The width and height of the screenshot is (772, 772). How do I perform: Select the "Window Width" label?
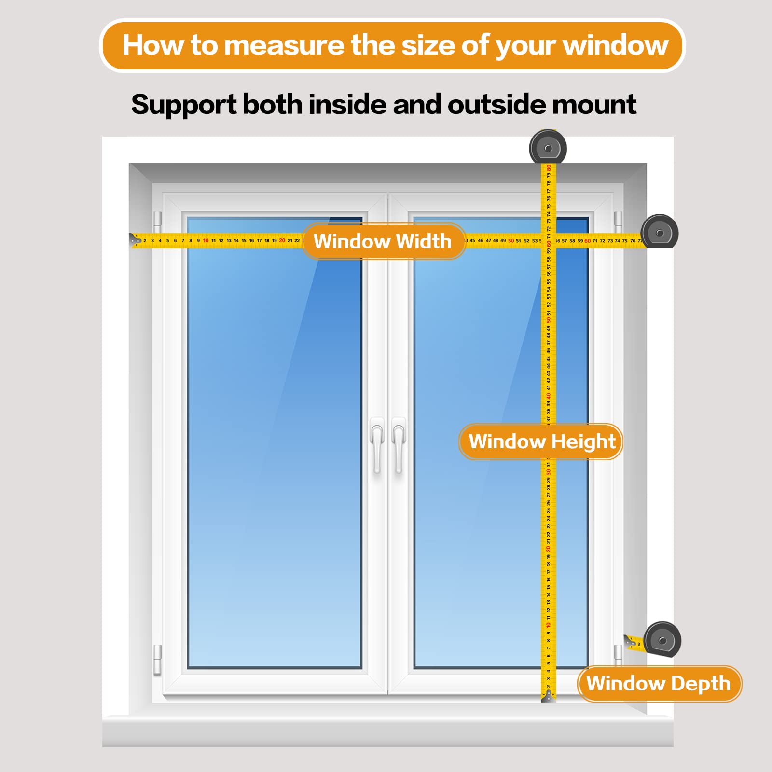coord(383,241)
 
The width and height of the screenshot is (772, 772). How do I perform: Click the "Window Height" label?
coord(542,441)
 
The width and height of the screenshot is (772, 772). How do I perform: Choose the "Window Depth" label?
coord(659,684)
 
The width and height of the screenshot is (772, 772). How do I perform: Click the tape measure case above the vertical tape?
coord(548,148)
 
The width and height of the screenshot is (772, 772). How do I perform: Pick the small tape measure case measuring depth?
coord(662,640)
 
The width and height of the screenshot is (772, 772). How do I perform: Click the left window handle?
coord(377,444)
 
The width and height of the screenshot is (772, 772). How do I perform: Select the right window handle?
coord(399,444)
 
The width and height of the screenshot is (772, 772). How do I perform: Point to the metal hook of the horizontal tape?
coord(135,239)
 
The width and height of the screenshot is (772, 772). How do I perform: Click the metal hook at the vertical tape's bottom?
coord(549,696)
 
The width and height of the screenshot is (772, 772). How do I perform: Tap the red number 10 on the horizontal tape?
coord(206,240)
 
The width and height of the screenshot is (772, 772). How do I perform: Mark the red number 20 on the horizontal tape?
coord(282,240)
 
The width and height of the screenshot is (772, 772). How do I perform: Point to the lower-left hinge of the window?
coord(157,659)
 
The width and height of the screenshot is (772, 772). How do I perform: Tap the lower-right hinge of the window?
coord(618,654)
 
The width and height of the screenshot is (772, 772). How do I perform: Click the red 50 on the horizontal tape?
coord(511,240)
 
